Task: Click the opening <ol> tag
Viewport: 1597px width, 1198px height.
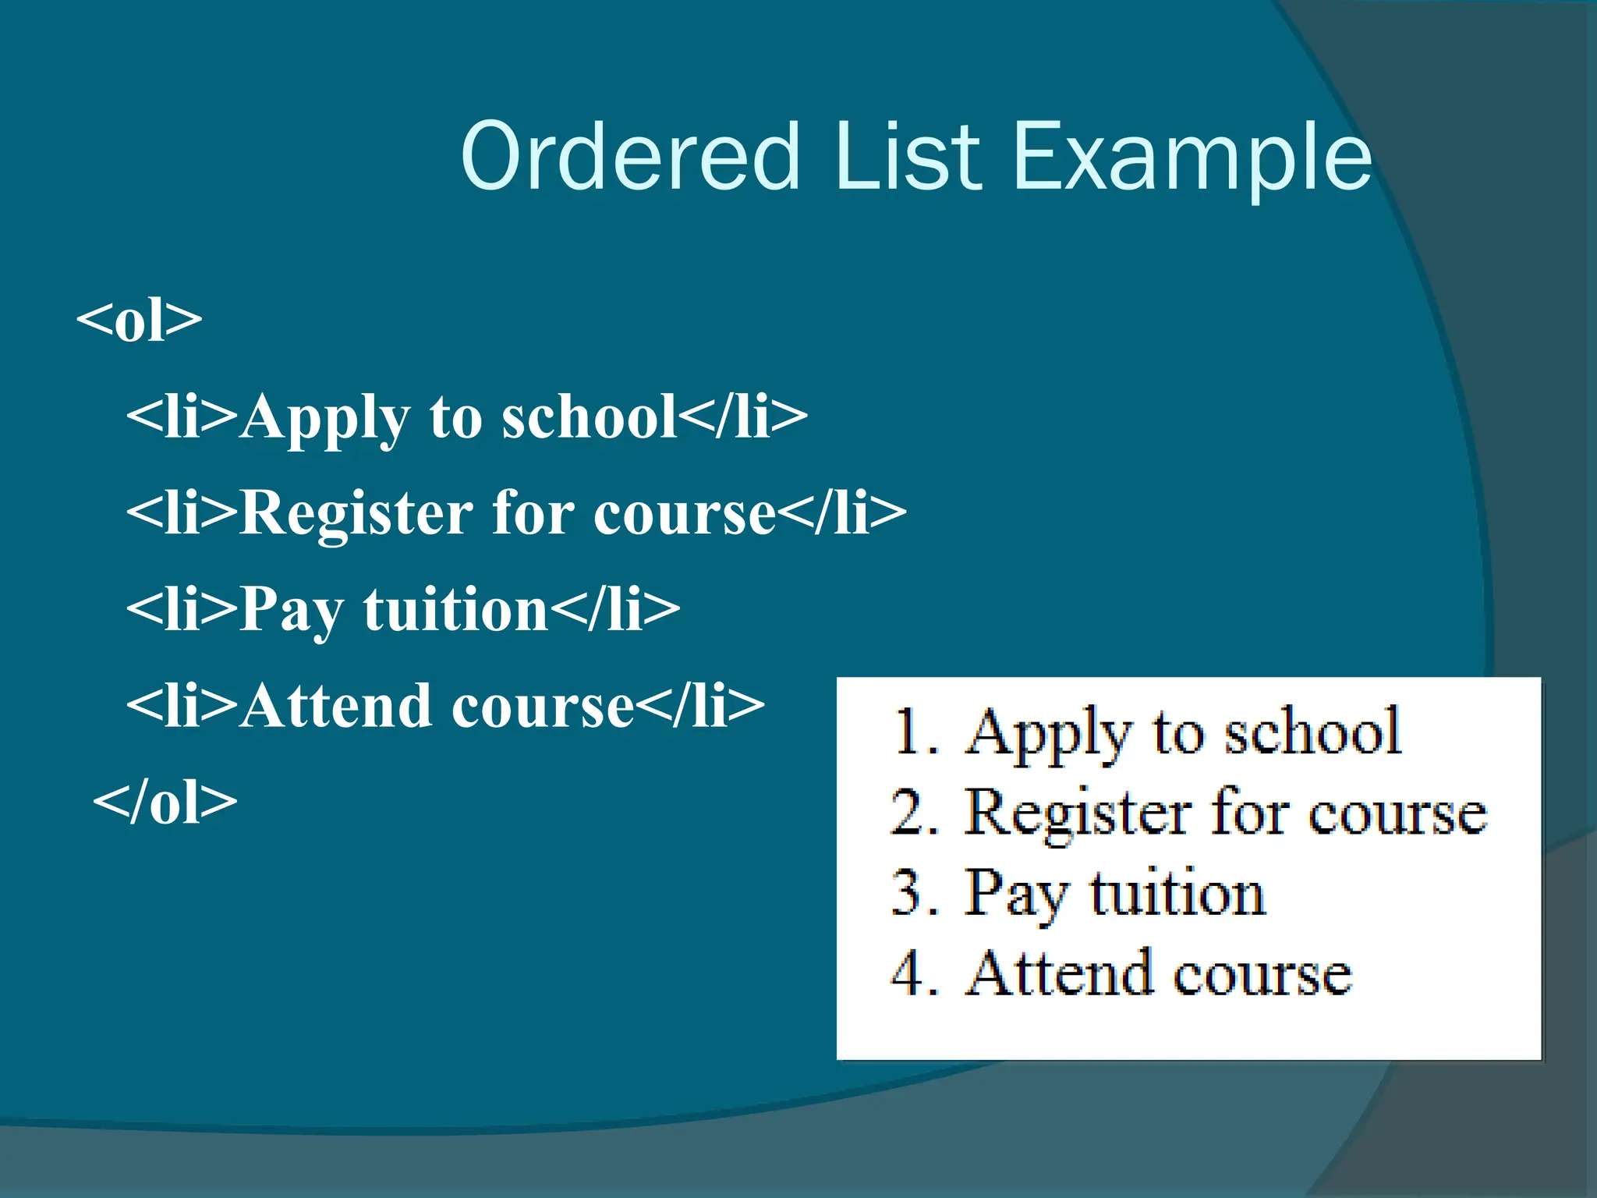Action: coord(140,320)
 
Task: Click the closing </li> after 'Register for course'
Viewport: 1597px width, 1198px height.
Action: coord(842,513)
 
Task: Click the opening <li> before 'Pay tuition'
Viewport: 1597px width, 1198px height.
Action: coord(182,609)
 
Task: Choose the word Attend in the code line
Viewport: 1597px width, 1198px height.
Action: coord(336,705)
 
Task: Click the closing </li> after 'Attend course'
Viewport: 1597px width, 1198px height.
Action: coord(700,705)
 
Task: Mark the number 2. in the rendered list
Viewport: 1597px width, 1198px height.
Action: coord(914,813)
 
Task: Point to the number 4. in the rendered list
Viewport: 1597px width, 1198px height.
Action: coord(914,974)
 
